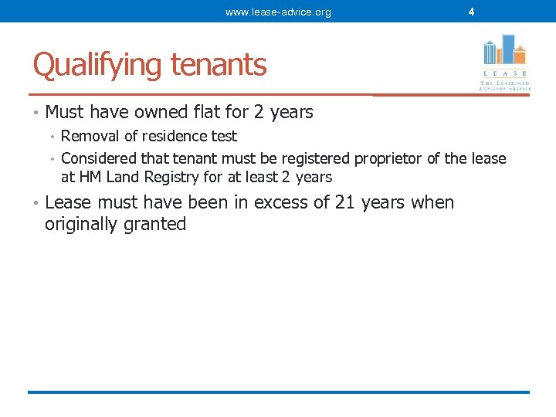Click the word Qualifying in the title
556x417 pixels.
[97, 65]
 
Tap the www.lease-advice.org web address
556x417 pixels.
[278, 12]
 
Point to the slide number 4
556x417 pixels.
[471, 12]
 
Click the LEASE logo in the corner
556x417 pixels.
[504, 62]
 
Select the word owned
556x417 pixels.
[147, 112]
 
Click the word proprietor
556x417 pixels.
[388, 159]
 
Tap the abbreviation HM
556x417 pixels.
[87, 177]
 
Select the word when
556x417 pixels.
[432, 202]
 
